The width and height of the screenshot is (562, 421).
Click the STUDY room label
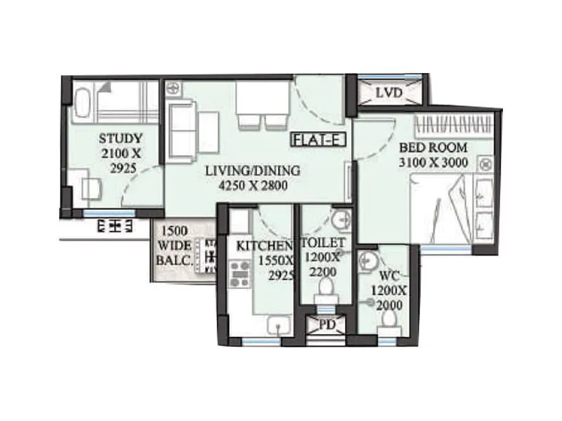(x=121, y=138)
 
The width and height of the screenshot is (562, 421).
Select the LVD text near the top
(x=388, y=93)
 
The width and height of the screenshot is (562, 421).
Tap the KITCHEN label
(x=264, y=246)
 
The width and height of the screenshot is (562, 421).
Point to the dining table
(x=262, y=98)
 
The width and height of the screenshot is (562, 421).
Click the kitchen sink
(x=280, y=325)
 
